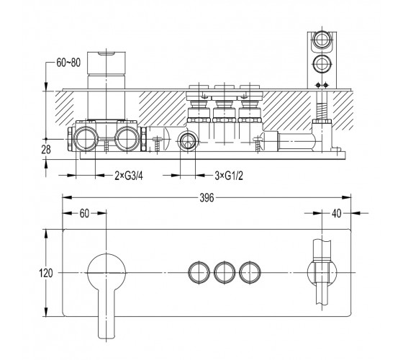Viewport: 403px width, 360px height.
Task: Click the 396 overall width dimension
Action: tap(207, 198)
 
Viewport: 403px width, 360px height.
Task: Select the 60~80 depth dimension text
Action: tap(68, 63)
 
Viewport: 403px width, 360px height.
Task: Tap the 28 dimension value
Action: tap(46, 150)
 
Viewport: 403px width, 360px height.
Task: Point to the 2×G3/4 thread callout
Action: tap(129, 176)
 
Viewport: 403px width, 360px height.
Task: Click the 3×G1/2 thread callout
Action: tap(229, 176)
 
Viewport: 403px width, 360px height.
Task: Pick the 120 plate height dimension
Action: tap(46, 273)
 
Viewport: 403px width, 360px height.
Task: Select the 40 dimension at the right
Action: tap(337, 213)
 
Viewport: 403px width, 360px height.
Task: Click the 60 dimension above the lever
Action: tap(84, 213)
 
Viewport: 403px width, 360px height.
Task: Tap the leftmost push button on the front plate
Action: tap(199, 272)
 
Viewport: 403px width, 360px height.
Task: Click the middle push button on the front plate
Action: tap(225, 272)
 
